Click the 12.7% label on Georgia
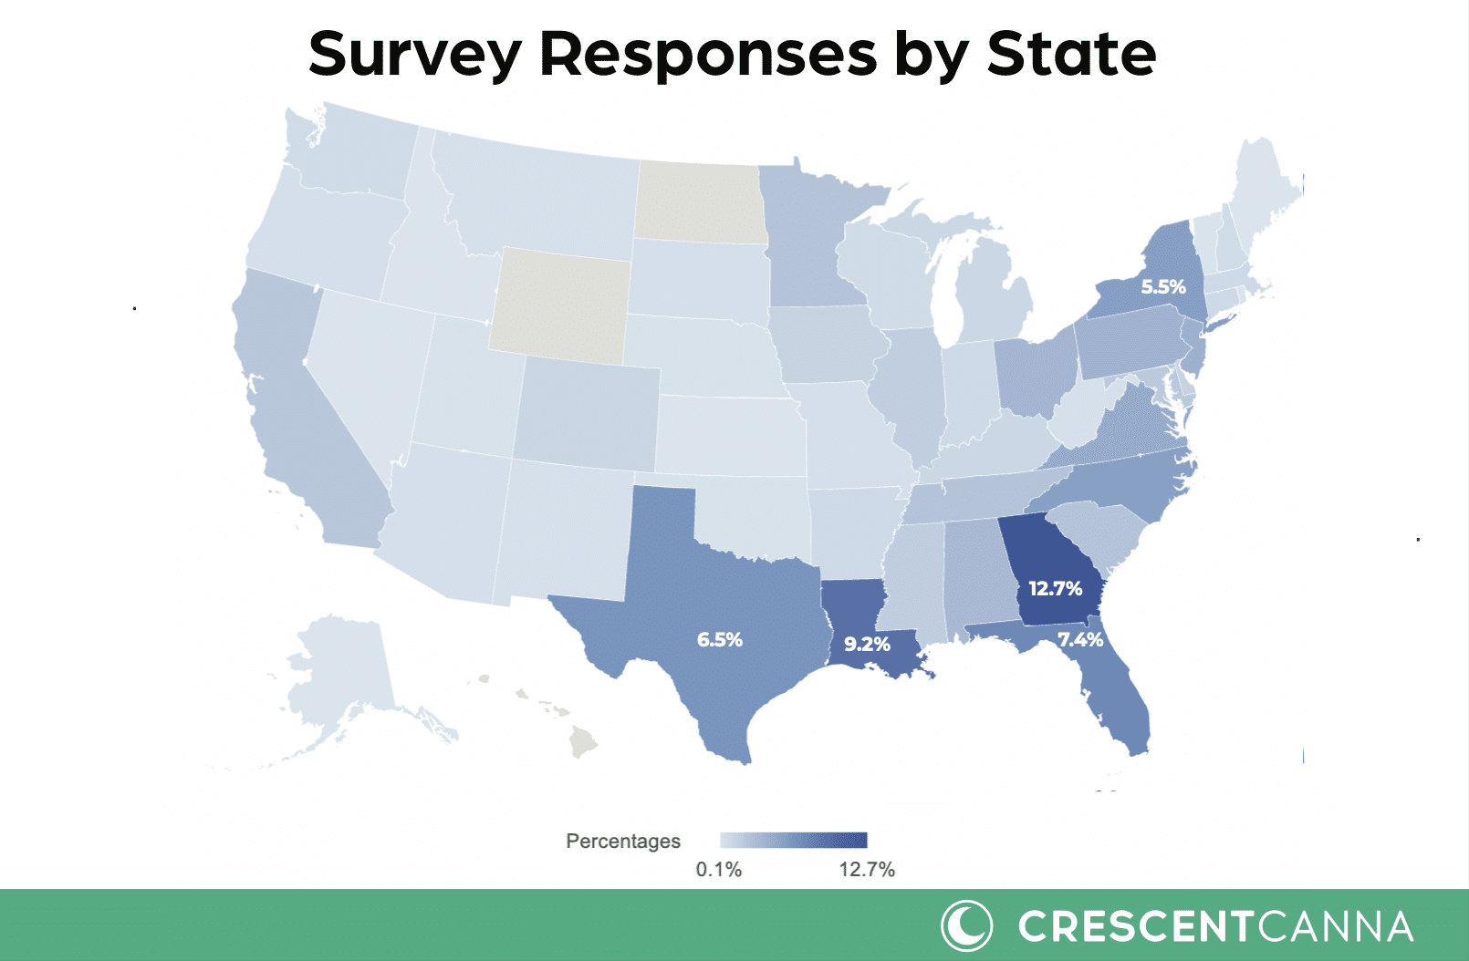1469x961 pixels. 1055,588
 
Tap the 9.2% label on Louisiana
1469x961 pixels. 866,644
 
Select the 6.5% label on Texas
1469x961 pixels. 719,639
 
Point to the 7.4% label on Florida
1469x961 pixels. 1080,639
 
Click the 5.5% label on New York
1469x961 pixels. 1162,286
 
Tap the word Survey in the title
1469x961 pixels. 414,54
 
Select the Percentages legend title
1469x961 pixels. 623,841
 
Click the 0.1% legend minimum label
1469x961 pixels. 719,870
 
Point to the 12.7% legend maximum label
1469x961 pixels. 867,870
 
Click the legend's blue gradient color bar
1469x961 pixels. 793,840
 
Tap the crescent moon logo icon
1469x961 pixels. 965,925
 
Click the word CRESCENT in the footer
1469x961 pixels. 1136,926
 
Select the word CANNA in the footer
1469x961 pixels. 1336,926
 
